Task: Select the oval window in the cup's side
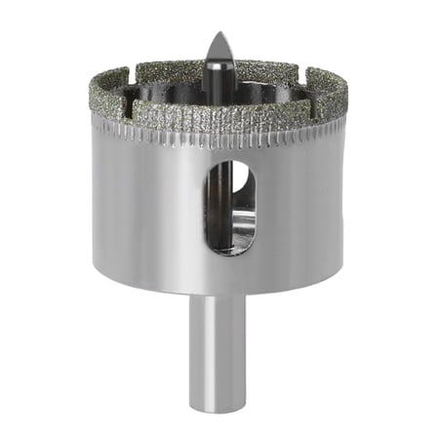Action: [x=230, y=206]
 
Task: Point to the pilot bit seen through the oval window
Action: [x=224, y=195]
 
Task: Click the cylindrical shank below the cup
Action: [x=218, y=341]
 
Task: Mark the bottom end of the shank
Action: [x=218, y=404]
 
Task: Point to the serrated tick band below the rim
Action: [x=156, y=135]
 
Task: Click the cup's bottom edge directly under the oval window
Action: [x=230, y=294]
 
